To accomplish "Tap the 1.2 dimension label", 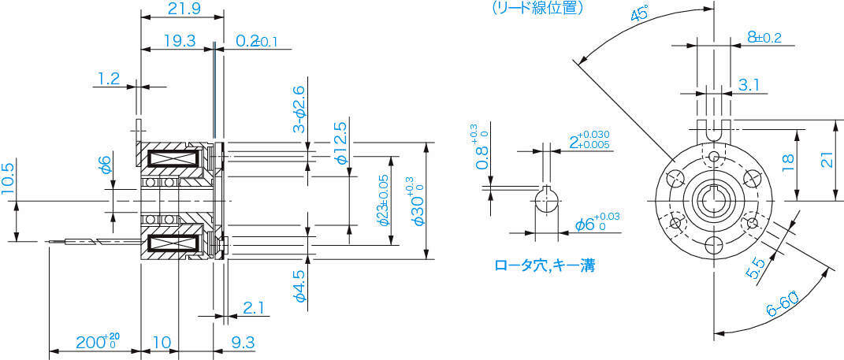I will (x=108, y=79).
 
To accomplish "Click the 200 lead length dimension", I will (x=96, y=343).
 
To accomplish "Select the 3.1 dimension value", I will (x=749, y=84).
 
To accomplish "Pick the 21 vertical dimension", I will (x=826, y=160).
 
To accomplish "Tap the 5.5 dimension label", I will (x=754, y=268).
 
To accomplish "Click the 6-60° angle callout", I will (x=781, y=305).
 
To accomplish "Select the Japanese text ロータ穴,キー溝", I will (x=544, y=265).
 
